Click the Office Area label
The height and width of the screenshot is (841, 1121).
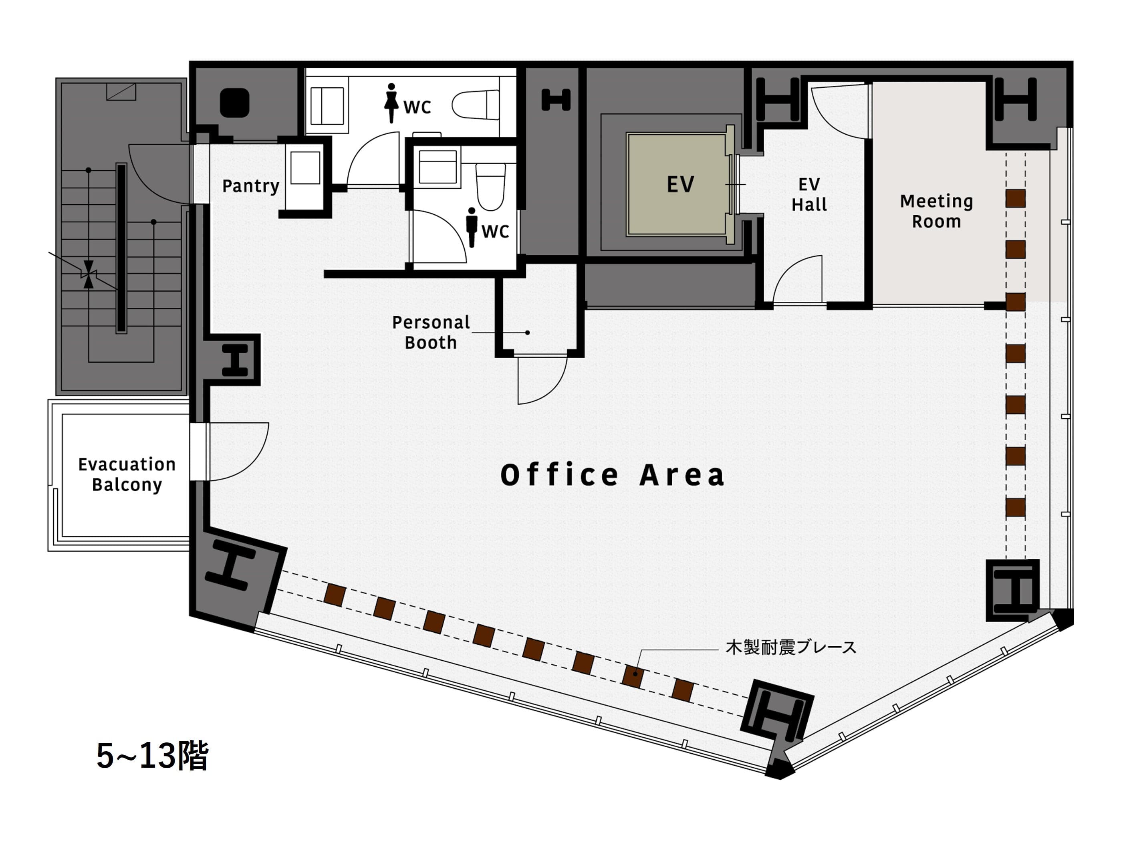tap(612, 475)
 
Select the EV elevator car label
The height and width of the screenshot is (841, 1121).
tap(680, 185)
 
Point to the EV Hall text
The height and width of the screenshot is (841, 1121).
tap(809, 195)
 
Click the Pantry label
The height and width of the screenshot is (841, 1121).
tap(251, 186)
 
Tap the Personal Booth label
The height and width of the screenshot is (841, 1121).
tap(431, 333)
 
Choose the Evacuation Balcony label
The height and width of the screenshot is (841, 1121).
tap(127, 474)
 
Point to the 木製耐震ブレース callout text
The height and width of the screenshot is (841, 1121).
tap(791, 647)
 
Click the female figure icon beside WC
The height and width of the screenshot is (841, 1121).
tap(391, 103)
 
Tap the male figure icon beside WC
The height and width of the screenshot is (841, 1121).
tap(472, 227)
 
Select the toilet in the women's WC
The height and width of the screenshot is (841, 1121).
tap(475, 105)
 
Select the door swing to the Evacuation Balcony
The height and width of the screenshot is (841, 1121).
tap(239, 452)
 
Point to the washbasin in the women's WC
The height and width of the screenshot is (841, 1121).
tap(327, 106)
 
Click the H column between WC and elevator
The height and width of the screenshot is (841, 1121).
tap(556, 100)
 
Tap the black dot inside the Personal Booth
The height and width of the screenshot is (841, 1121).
tap(528, 333)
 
